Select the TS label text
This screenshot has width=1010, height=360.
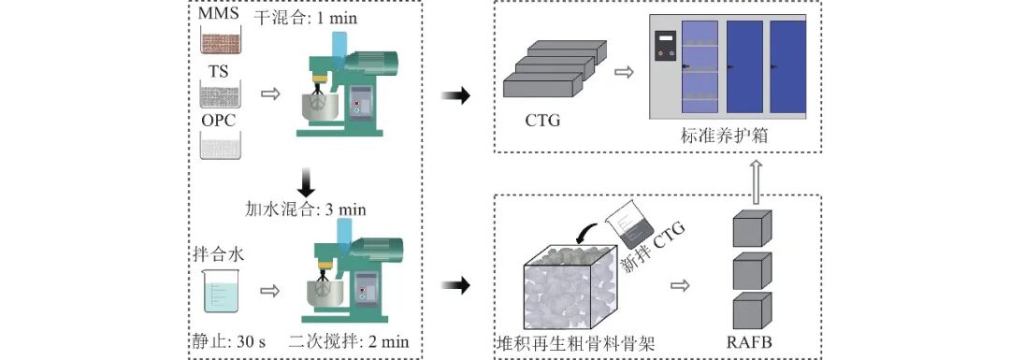pos(219,71)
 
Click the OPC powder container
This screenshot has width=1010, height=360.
pos(220,146)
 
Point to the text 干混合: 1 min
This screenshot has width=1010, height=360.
pos(305,18)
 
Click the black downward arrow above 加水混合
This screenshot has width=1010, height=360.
pos(307,181)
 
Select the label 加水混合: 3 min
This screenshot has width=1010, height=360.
pos(305,209)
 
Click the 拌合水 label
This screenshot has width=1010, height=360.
pos(218,253)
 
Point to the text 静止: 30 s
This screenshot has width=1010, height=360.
pos(226,341)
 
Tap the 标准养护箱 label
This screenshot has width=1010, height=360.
pos(723,137)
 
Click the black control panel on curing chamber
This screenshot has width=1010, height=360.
pos(666,45)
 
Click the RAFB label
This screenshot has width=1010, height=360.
pos(752,342)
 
